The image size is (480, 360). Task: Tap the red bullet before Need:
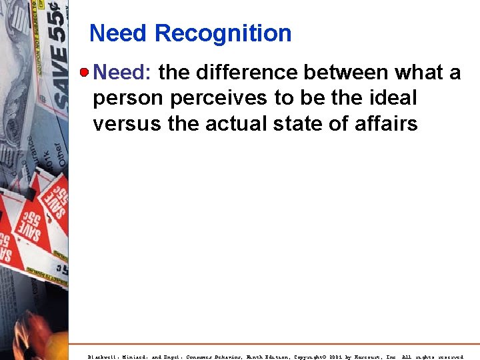click(83, 72)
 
